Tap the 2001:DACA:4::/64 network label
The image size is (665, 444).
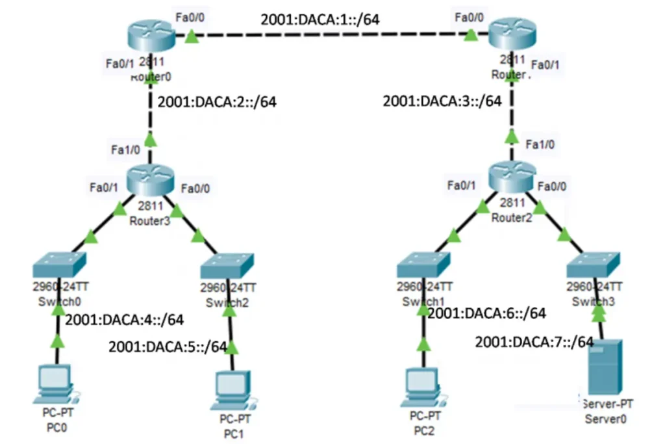[x=125, y=319]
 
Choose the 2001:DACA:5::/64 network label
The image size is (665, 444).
[x=168, y=346]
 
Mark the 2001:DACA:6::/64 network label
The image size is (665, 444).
[x=486, y=314]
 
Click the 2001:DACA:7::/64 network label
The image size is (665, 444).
[x=534, y=341]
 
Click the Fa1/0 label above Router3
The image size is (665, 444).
[x=125, y=149]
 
